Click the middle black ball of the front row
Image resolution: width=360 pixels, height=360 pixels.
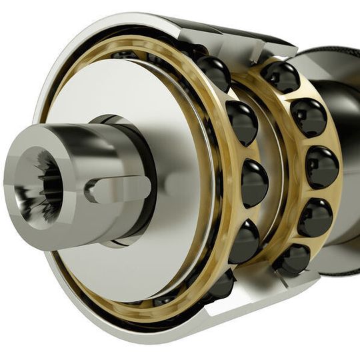253,181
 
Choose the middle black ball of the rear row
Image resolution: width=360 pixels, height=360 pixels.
321,167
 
